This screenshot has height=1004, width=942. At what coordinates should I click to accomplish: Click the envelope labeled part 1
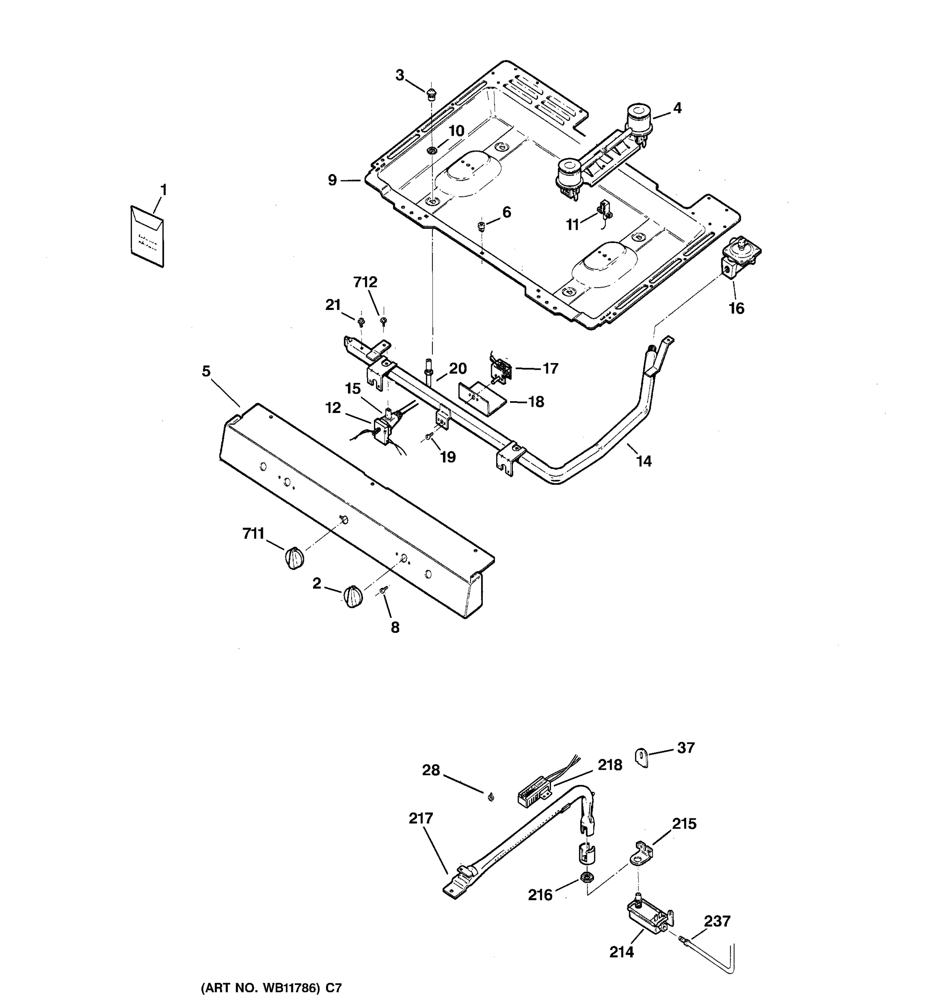point(147,236)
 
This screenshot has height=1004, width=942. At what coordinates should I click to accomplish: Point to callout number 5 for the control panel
point(206,372)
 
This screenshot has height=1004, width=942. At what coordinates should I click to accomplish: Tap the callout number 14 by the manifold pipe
point(644,461)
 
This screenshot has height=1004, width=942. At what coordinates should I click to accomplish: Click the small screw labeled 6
point(481,225)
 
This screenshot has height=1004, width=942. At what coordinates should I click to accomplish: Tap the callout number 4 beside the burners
point(677,108)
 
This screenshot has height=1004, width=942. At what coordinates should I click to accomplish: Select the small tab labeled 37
point(641,758)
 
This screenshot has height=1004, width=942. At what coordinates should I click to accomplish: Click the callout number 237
point(717,921)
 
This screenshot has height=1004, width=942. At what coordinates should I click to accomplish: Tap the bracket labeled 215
point(642,853)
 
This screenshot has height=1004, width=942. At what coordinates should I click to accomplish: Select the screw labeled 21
point(361,321)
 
